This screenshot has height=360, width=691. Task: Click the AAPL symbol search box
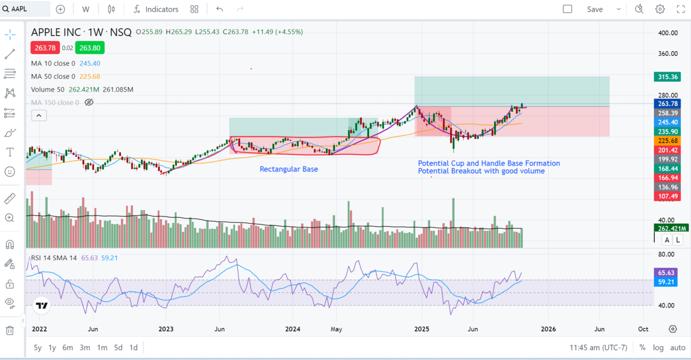coord(26,9)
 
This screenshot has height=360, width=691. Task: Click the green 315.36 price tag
coord(667,77)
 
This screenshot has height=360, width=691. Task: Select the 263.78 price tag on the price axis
coord(667,104)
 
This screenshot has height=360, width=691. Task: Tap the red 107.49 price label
coord(667,196)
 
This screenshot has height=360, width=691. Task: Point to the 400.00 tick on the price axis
coord(667,33)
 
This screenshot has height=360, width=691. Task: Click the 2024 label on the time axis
coord(293,329)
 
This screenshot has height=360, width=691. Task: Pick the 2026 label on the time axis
coord(548,329)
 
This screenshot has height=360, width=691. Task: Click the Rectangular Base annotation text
coord(288,169)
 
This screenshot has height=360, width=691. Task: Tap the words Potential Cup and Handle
coord(461,163)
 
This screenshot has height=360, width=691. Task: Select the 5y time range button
coord(37,347)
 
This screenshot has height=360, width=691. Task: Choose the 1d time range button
coord(133,347)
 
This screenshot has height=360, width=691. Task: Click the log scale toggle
coord(658,347)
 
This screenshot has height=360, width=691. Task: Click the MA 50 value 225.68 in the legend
coord(89,77)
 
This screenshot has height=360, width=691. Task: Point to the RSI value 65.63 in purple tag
coord(667,272)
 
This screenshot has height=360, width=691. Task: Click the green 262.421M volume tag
coord(667,228)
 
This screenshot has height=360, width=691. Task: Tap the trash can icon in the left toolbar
coord(10,330)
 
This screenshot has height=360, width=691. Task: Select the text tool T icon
coord(10,152)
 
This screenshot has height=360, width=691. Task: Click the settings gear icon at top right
coord(660,9)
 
